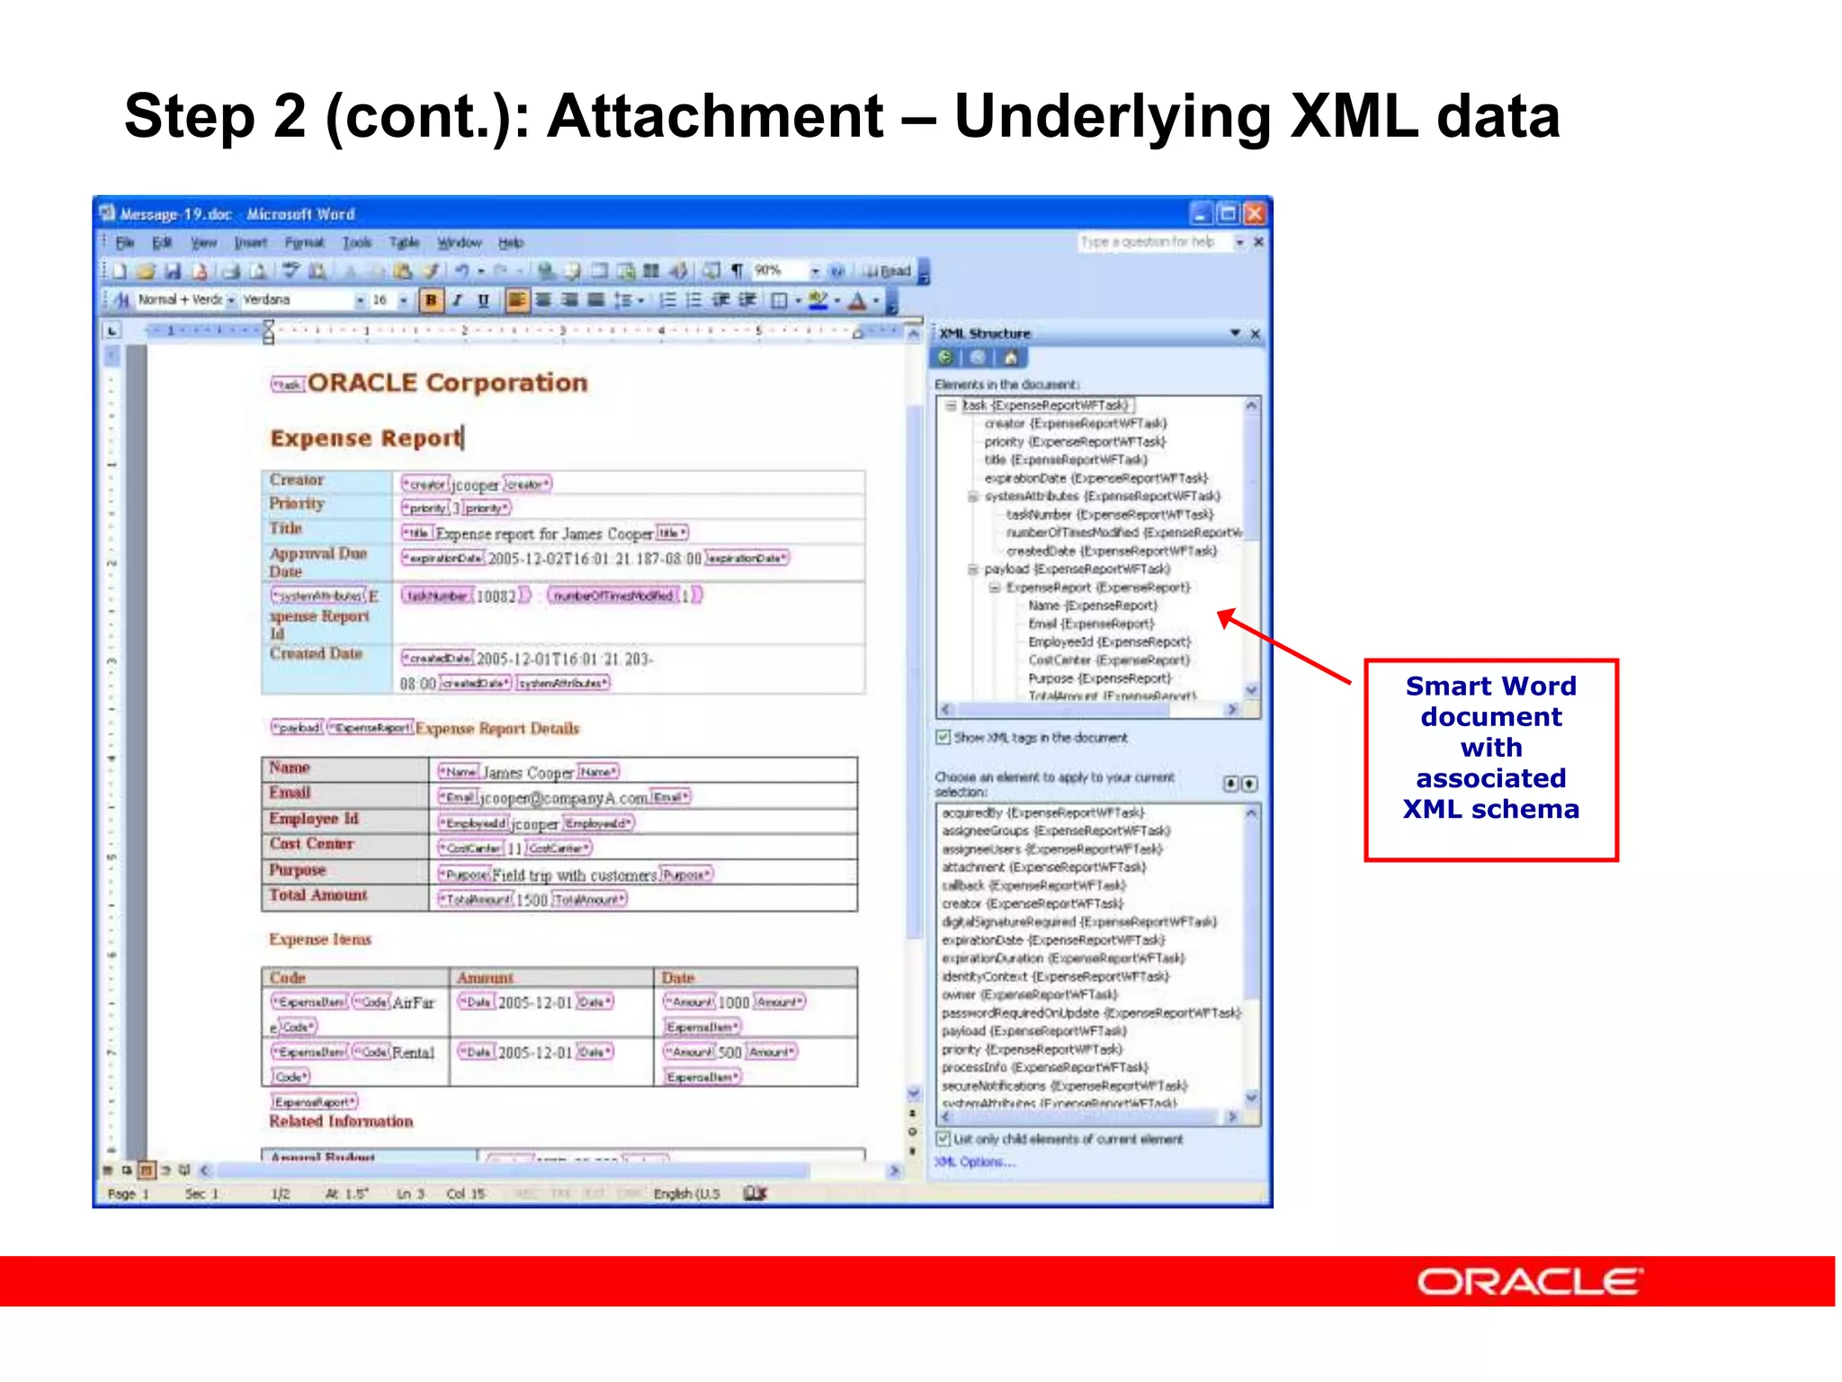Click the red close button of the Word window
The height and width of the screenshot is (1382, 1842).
click(1254, 213)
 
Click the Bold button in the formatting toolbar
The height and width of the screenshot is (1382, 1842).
click(431, 301)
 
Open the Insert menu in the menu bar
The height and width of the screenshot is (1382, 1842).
click(250, 243)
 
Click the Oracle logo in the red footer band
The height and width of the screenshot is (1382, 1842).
click(1529, 1281)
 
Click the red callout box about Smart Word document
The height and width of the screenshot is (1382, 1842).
click(1490, 760)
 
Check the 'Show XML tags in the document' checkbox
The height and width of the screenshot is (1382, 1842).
click(943, 738)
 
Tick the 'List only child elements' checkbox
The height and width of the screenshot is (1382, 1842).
click(943, 1139)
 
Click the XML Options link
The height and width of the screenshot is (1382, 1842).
click(974, 1162)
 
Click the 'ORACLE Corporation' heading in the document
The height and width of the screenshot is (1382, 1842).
click(447, 383)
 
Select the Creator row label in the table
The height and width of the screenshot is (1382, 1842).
click(297, 480)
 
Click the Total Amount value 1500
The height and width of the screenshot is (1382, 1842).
click(531, 900)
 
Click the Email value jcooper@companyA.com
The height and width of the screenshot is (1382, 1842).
click(563, 798)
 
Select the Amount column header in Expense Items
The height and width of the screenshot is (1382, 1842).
click(485, 978)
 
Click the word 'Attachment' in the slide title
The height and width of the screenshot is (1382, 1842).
click(715, 117)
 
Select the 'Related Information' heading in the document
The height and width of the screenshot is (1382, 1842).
click(341, 1122)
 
